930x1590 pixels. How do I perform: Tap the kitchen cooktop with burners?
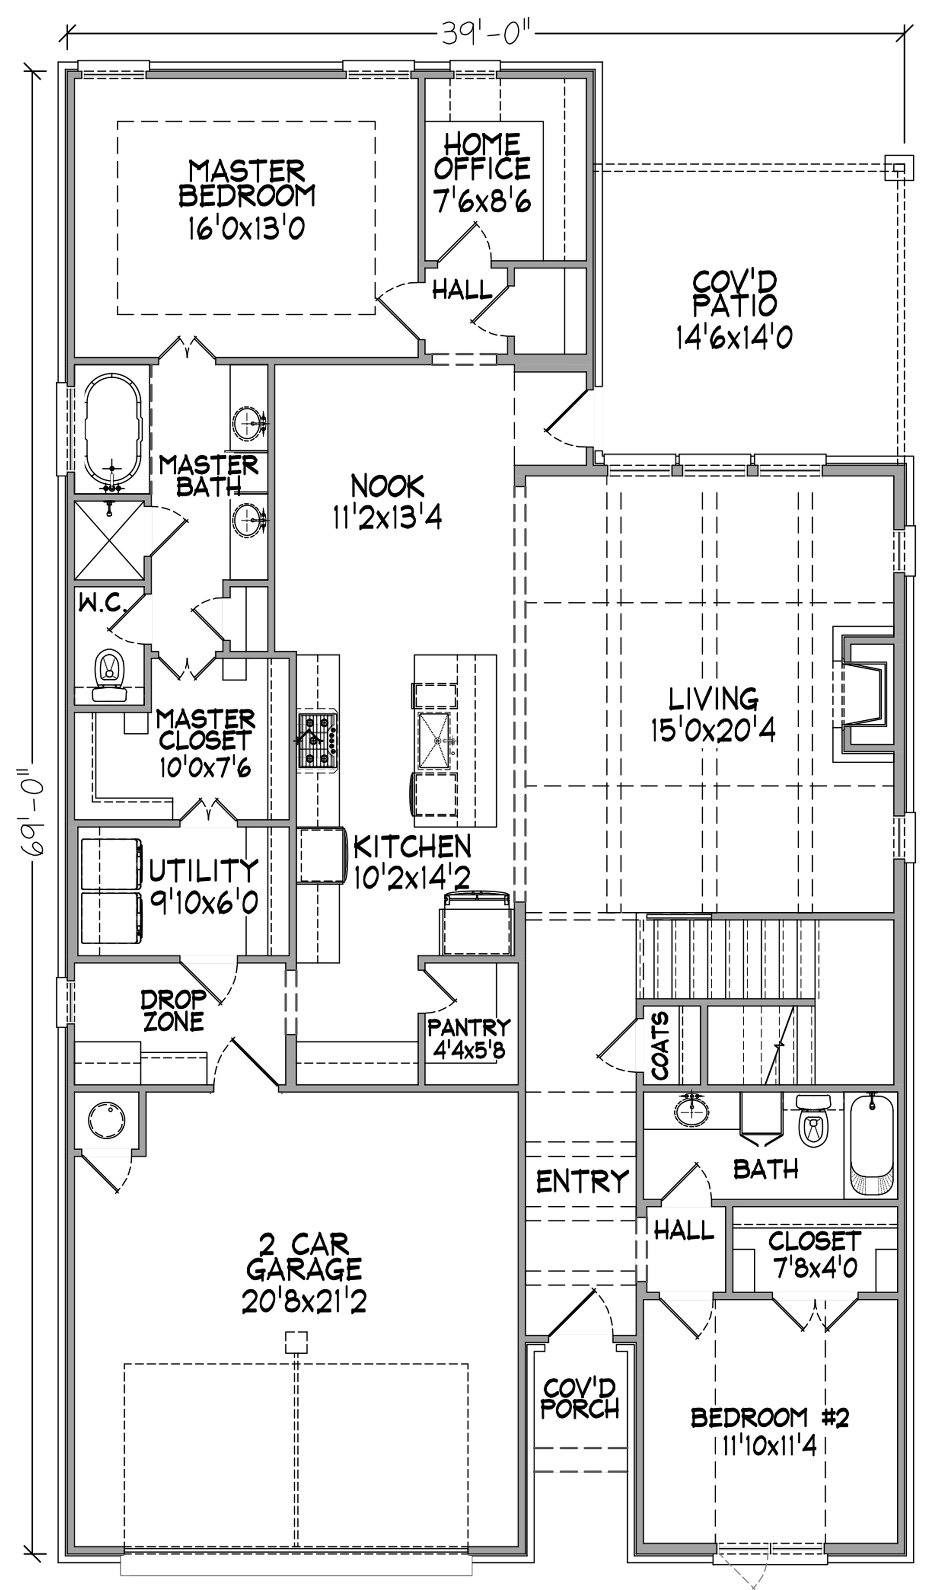coord(318,741)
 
